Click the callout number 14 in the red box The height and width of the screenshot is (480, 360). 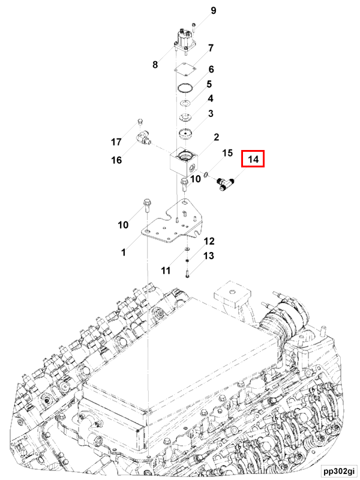(253, 160)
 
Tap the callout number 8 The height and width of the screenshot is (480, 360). (155, 65)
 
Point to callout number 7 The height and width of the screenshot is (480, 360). (211, 48)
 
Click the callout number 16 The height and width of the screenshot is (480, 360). (116, 160)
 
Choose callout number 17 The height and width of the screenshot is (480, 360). (116, 142)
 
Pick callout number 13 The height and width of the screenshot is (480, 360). (208, 256)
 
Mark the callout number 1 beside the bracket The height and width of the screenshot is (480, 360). (123, 253)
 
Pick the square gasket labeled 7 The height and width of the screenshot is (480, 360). (187, 70)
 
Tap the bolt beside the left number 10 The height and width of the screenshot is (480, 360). (146, 207)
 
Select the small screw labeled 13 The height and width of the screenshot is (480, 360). (188, 274)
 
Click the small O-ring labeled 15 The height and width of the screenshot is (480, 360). (206, 175)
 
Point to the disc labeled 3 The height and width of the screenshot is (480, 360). (186, 133)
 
